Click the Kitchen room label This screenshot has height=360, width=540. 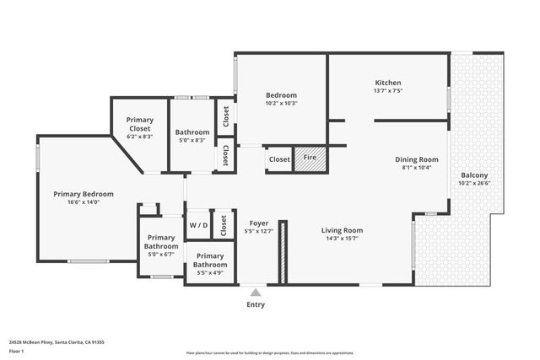coord(388,83)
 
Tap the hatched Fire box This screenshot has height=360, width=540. coord(310,158)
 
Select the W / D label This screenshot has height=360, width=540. coord(197,225)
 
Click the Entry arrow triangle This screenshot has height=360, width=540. coord(255,293)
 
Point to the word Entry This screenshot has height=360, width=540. coord(255,304)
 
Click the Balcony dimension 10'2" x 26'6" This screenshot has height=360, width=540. coord(473,183)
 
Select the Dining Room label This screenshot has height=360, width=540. coord(417,159)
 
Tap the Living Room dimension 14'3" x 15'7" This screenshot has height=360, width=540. coord(342,239)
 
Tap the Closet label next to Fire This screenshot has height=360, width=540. coord(279,159)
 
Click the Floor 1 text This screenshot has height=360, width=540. coord(16,350)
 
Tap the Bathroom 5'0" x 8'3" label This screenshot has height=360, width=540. coord(192,132)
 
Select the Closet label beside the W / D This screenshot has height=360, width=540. coord(224,225)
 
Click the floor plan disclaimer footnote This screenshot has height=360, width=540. coord(269,351)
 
